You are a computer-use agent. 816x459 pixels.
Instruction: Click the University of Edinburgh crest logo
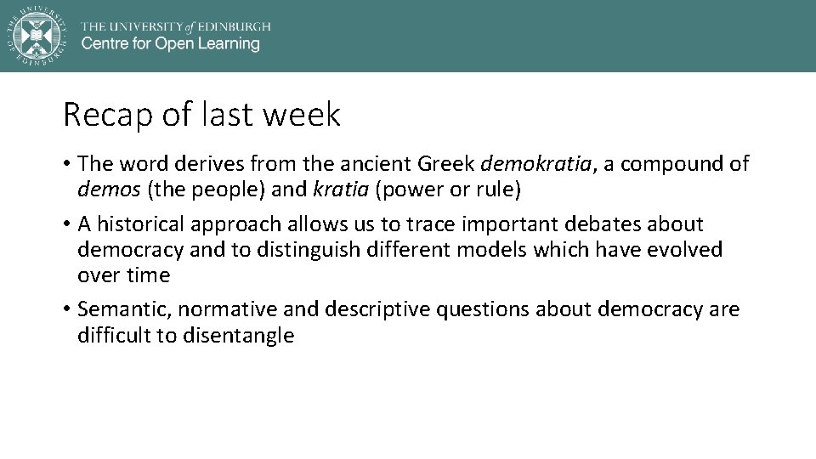[37, 35]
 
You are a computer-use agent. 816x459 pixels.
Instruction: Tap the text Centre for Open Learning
[170, 44]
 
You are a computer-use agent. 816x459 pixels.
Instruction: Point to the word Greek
[445, 164]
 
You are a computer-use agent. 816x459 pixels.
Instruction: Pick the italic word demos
[110, 190]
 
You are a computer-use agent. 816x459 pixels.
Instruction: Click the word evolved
[684, 250]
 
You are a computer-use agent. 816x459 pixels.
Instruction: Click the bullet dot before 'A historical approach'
[67, 225]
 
